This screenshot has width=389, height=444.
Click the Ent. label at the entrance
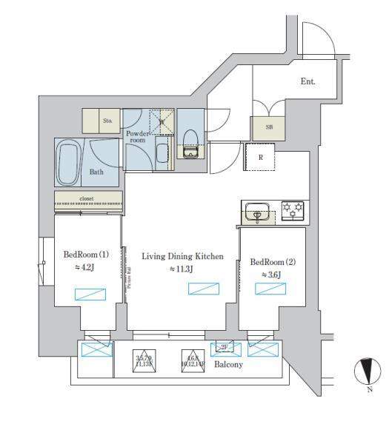[x=307, y=81]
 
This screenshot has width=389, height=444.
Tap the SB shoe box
[x=268, y=127]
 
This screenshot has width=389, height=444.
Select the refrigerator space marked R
[x=260, y=157]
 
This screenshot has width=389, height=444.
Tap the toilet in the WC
[x=190, y=141]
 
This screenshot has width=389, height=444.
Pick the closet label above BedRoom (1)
[x=89, y=199]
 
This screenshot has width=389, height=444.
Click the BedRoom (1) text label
[x=86, y=255]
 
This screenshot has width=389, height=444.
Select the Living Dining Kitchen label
[x=182, y=256]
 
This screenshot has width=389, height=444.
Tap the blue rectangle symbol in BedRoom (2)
[x=270, y=289]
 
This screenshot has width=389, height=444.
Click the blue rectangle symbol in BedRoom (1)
[x=88, y=294]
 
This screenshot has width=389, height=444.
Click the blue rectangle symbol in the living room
[x=203, y=288]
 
